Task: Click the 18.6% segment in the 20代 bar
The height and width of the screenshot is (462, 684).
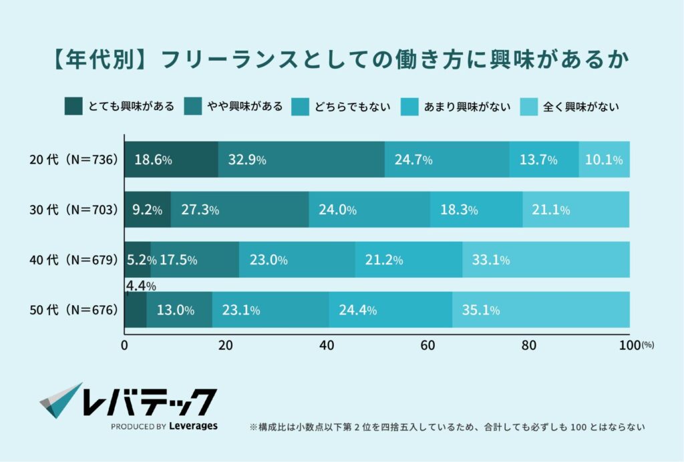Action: pyautogui.click(x=171, y=160)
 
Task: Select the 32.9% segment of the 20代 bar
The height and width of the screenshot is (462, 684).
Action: pyautogui.click(x=301, y=160)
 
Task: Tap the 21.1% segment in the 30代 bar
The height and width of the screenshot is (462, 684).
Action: pyautogui.click(x=576, y=210)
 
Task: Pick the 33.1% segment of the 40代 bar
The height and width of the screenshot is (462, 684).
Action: pyautogui.click(x=546, y=260)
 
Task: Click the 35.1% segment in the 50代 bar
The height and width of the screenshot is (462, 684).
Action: pyautogui.click(x=540, y=310)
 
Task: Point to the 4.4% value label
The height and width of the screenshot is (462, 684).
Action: pyautogui.click(x=141, y=286)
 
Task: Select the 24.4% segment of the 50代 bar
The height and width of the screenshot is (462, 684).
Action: pyautogui.click(x=390, y=310)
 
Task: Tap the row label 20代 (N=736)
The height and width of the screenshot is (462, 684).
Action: pyautogui.click(x=73, y=160)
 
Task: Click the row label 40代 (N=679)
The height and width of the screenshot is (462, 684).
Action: pyautogui.click(x=73, y=260)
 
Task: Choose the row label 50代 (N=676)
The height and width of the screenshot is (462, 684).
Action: pyautogui.click(x=73, y=310)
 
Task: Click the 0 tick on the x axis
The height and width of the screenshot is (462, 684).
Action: pyautogui.click(x=125, y=345)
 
